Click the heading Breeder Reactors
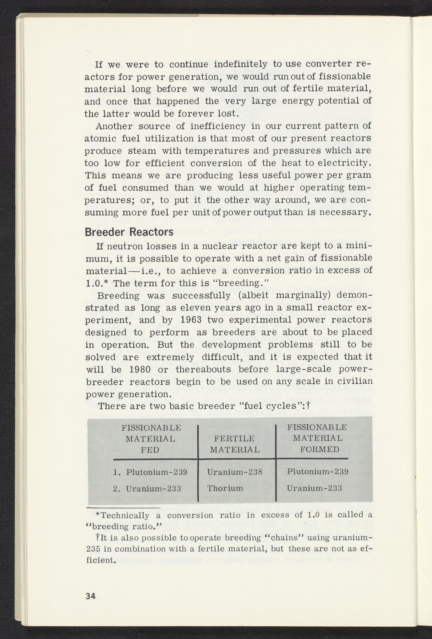click(129, 232)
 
